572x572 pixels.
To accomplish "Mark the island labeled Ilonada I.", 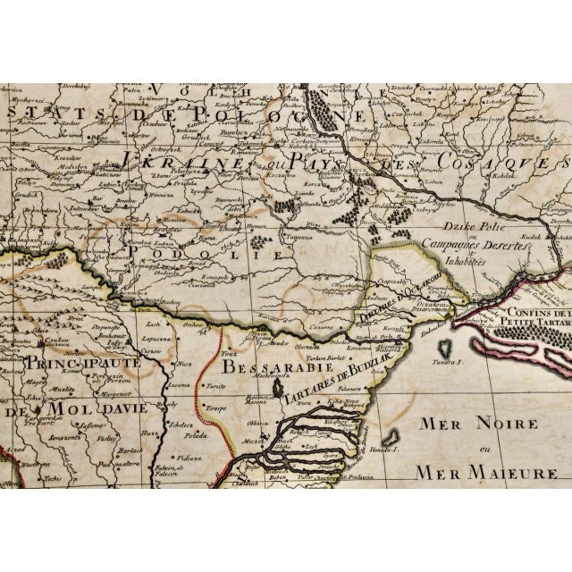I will (x=390, y=440).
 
